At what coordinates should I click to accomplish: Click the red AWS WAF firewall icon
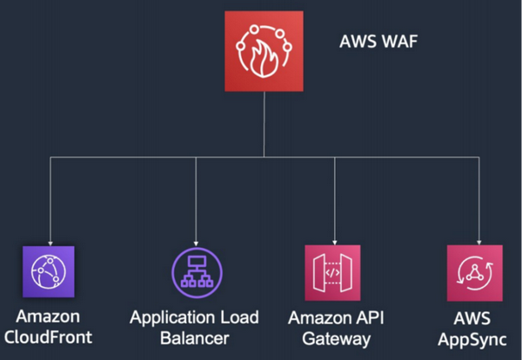click(264, 51)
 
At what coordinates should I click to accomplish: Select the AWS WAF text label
click(378, 42)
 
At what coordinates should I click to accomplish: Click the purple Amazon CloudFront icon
click(49, 271)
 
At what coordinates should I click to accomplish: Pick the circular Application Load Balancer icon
click(197, 273)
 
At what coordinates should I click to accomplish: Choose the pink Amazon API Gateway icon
click(332, 273)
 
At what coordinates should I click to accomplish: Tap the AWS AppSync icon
click(475, 273)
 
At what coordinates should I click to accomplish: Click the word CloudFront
click(48, 337)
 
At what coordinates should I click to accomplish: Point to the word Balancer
click(195, 338)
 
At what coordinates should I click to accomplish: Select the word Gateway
click(336, 339)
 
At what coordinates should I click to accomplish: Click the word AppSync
click(472, 340)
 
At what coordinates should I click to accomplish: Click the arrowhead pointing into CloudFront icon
click(50, 243)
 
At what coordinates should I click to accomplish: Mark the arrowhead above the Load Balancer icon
click(196, 243)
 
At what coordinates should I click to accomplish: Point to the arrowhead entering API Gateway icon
click(335, 243)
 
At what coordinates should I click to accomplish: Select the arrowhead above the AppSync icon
click(479, 243)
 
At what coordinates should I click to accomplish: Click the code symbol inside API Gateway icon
click(332, 273)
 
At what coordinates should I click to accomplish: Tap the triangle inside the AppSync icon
click(475, 273)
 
